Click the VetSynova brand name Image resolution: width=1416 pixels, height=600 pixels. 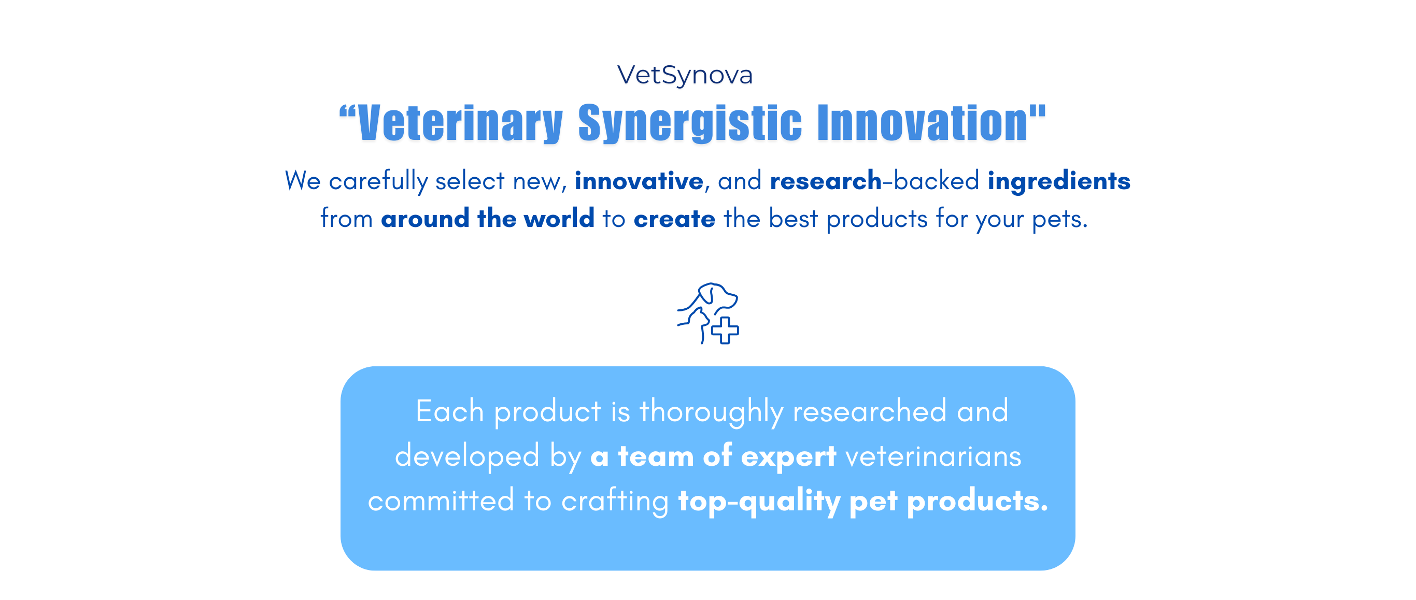685,75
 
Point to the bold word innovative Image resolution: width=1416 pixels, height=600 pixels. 639,181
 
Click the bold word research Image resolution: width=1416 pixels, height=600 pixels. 826,181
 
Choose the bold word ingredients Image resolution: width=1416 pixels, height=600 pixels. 1059,181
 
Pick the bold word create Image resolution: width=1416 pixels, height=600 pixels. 674,219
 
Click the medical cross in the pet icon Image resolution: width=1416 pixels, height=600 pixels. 725,330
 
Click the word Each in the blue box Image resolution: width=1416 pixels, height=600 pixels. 449,411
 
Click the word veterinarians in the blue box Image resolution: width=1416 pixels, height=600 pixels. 933,456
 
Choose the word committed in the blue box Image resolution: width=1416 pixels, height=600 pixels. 441,501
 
